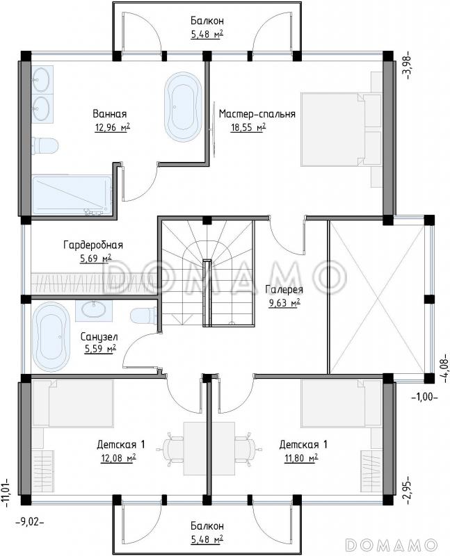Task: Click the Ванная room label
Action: [110, 114]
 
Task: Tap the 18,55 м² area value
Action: [248, 127]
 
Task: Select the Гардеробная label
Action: [93, 245]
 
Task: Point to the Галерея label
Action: [284, 290]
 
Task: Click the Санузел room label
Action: [99, 336]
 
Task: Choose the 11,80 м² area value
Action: [301, 458]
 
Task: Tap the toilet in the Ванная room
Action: [45, 146]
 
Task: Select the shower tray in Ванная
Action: [73, 195]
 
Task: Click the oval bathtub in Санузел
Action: [51, 336]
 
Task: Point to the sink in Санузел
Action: [94, 309]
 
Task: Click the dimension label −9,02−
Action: [30, 522]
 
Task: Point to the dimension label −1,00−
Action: [424, 397]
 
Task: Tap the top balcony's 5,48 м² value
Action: [207, 34]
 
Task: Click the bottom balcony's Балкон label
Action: [207, 525]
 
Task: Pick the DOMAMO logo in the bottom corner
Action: [391, 544]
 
